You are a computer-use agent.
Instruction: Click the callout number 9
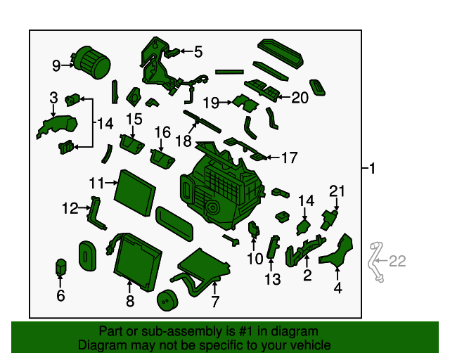[56, 66]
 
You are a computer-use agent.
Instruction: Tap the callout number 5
[198, 51]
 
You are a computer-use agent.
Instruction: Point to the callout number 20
[300, 98]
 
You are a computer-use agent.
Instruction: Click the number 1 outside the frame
[373, 169]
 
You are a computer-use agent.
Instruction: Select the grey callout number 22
[397, 262]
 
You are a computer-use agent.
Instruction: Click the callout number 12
[70, 208]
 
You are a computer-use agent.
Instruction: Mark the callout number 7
[215, 302]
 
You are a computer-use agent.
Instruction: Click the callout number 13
[272, 279]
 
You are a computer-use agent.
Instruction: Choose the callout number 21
[338, 190]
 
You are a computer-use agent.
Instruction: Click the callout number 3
[53, 97]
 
